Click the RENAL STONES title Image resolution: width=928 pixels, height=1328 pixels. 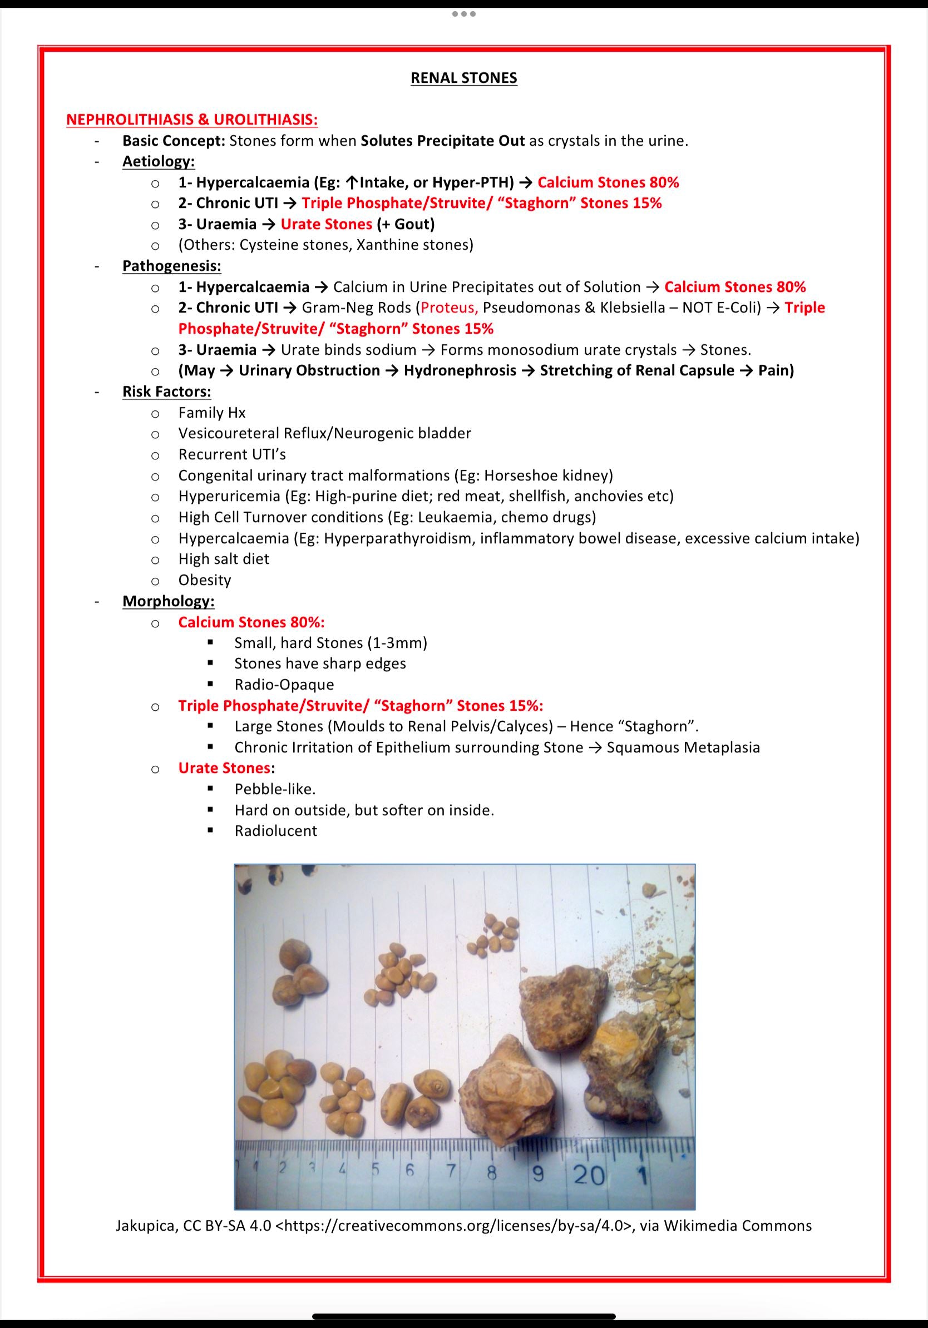tap(463, 78)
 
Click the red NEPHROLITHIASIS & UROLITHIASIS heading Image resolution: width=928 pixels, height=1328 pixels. tap(191, 120)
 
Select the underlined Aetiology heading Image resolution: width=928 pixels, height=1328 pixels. tap(158, 161)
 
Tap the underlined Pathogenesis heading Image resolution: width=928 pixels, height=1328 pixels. tap(171, 266)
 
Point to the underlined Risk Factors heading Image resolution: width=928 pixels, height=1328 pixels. tap(166, 392)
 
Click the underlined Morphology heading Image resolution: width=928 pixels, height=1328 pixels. tap(169, 602)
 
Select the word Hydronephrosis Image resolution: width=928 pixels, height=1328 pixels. tap(460, 371)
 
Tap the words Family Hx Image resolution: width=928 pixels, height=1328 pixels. tap(212, 413)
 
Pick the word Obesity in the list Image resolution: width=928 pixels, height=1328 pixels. tap(204, 580)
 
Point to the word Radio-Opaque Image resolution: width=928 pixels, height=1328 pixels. tap(284, 685)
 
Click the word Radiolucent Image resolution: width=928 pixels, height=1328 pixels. tap(275, 831)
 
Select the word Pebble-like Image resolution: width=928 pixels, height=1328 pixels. tap(275, 789)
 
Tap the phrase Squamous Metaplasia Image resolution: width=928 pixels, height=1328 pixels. tap(683, 748)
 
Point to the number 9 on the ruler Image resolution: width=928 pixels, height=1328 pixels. tap(539, 1175)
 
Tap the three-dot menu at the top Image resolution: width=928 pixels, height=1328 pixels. tap(464, 14)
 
